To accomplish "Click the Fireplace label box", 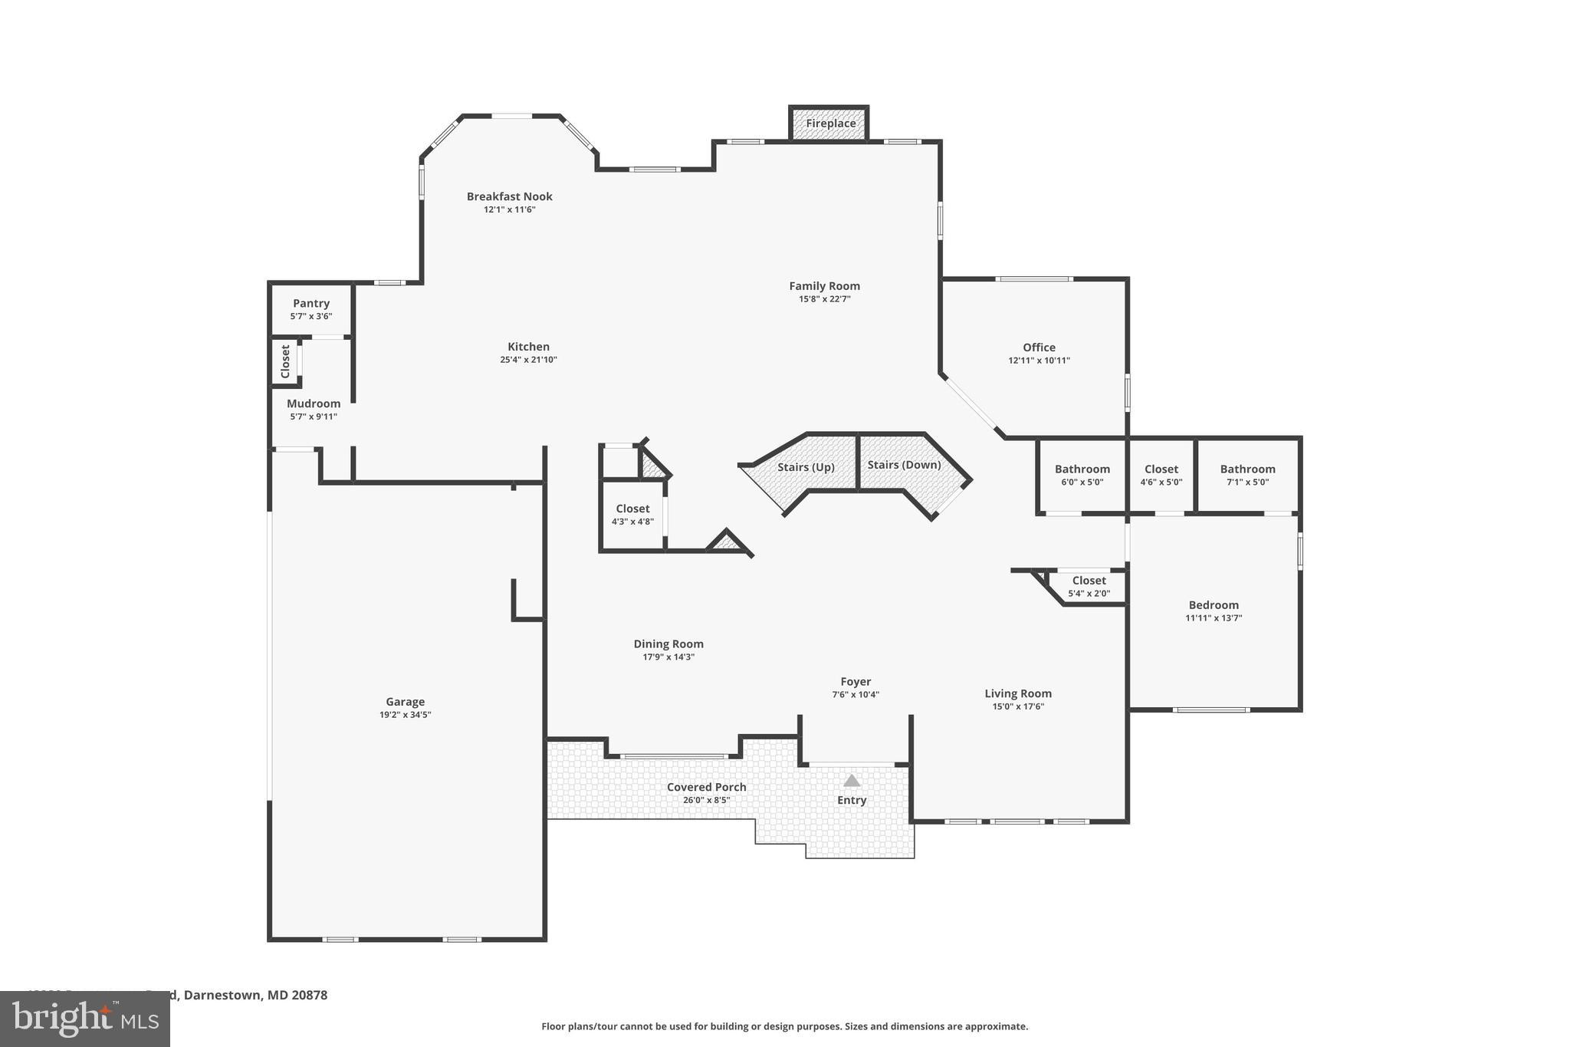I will pos(830,123).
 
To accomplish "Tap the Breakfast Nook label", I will pos(509,196).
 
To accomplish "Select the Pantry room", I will pos(310,309).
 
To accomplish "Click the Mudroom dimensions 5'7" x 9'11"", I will pos(313,416).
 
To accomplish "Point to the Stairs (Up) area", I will pos(805,467).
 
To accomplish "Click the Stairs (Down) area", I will pos(904,465).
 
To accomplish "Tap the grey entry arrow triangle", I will pos(851,781).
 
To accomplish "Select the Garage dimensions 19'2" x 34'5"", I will pos(405,714).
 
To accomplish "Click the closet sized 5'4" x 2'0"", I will pos(1089,587).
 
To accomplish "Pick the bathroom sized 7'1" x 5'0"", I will pos(1247,475).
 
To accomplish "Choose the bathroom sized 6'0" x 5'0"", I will pos(1082,475).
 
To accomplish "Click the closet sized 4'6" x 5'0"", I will pos(1161,475).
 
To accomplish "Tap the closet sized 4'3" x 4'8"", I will pos(632,515).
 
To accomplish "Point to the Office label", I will pos(1039,347).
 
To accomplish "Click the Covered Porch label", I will pos(706,787).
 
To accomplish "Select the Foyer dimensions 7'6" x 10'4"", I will pos(855,695).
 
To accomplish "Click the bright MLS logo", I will pos(84,1019).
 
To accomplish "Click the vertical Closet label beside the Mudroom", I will pos(285,361).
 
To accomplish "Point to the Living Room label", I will pos(1017,693).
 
